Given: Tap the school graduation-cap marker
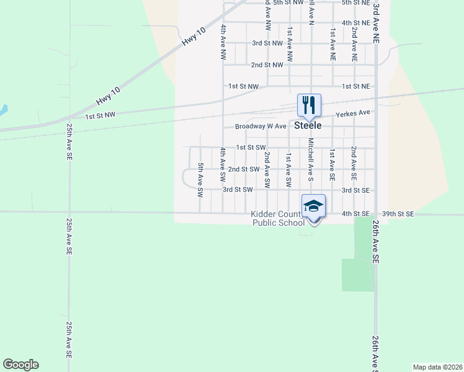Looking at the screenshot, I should point(314,205).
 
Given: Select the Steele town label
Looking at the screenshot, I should point(308,125).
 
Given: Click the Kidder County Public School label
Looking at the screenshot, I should point(277,218).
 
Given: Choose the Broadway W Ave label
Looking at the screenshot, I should point(261,126).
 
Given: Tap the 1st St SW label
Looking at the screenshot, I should point(251,148).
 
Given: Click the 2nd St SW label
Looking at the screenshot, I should point(243,169).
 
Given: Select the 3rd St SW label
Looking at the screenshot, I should point(238,190).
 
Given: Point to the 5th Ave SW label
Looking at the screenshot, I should point(200,180).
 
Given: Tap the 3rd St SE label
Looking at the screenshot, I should point(355,190).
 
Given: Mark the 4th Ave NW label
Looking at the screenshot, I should point(223,43).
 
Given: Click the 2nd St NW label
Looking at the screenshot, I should point(267,64).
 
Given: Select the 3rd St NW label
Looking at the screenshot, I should point(267,43).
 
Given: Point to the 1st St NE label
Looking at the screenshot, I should point(356,86).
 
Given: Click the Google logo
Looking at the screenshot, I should point(20,364).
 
